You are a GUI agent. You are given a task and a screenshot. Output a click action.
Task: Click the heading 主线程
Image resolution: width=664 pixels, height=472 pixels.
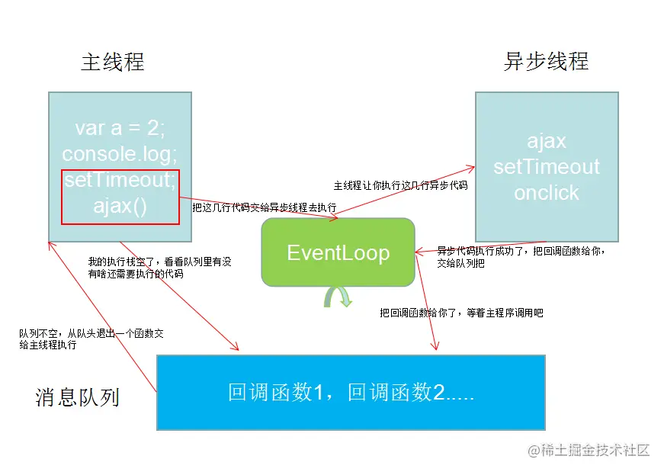point(112,62)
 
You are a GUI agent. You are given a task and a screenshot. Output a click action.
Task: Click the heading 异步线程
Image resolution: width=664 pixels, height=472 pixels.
point(546,62)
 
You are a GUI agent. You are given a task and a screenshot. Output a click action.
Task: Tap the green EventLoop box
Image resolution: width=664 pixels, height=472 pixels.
point(338,252)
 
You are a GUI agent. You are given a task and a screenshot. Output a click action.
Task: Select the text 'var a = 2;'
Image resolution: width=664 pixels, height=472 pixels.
point(120,128)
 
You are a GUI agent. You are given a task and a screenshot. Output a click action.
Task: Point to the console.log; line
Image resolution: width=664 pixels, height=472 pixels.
point(120,154)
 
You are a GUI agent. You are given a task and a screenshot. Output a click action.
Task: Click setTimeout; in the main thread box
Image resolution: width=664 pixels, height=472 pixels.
point(120,181)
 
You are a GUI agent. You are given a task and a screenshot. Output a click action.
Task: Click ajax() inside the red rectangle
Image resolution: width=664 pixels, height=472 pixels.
point(120,206)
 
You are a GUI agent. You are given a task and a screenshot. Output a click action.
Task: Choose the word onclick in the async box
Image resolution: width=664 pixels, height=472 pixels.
point(546,193)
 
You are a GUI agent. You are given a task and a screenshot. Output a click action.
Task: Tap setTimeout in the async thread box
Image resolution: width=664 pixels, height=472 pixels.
point(546,167)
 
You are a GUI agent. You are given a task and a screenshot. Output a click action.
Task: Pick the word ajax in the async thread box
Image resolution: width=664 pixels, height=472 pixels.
point(546,141)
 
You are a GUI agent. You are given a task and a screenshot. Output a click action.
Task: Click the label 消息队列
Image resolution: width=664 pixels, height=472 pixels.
point(77,397)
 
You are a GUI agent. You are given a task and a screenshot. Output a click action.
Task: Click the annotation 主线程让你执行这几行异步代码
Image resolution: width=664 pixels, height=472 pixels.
point(400,185)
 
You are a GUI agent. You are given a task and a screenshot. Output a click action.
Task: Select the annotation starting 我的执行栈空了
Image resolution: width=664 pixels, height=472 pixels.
point(159,268)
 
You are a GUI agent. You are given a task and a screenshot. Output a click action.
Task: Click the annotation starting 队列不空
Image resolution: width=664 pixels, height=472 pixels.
point(91,339)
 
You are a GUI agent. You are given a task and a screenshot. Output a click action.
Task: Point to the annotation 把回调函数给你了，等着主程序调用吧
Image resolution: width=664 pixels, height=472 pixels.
point(461,313)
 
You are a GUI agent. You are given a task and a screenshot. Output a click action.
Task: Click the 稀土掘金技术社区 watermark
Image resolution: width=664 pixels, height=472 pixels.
point(589,450)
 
